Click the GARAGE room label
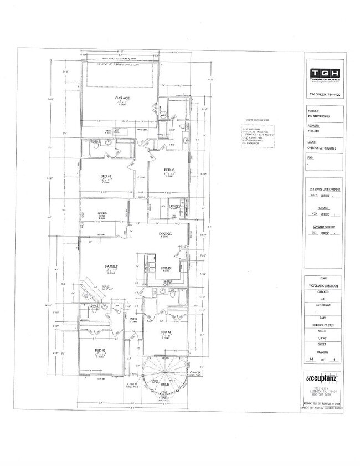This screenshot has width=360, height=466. pyautogui.click(x=123, y=98)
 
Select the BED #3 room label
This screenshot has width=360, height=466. pyautogui.click(x=169, y=170)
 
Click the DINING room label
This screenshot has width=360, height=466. pyautogui.click(x=165, y=234)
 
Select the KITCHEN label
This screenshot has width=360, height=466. pyautogui.click(x=167, y=268)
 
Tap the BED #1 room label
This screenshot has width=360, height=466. pyautogui.click(x=100, y=350)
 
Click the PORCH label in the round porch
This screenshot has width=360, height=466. pyautogui.click(x=164, y=382)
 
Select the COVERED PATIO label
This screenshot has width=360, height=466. pyautogui.click(x=102, y=213)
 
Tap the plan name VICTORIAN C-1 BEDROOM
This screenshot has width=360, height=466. pyautogui.click(x=324, y=285)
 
